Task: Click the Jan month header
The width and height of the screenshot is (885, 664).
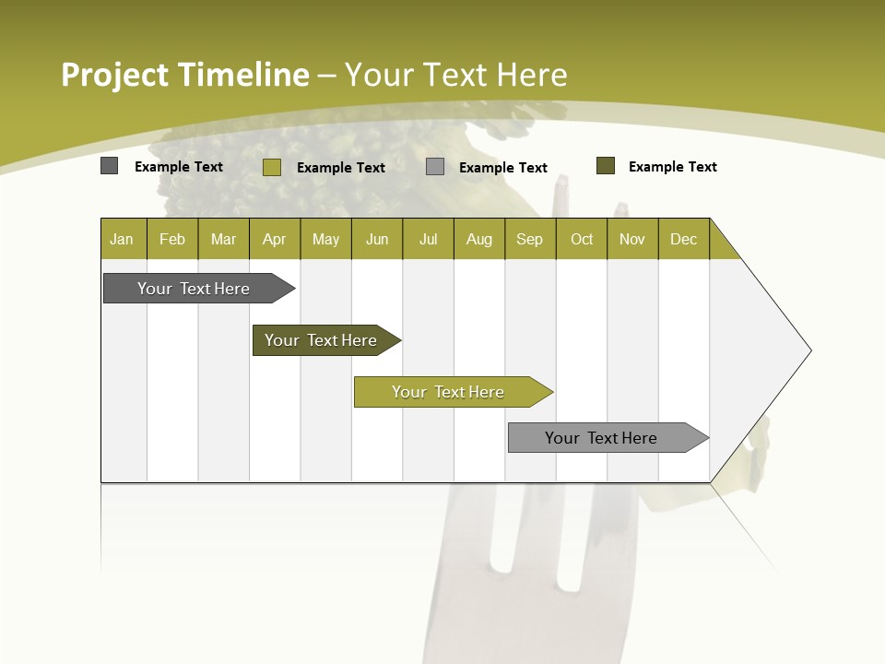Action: click(x=122, y=239)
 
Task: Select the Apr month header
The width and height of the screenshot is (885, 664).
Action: click(x=275, y=239)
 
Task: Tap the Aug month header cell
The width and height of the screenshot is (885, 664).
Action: click(x=479, y=239)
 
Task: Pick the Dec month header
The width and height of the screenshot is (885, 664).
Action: click(x=684, y=239)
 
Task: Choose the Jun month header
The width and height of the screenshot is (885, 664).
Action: click(x=377, y=239)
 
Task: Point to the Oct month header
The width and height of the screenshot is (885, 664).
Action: click(x=582, y=239)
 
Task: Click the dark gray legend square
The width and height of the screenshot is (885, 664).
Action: click(x=110, y=166)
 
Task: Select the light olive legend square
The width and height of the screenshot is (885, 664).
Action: click(x=272, y=167)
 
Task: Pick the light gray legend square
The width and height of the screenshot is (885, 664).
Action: click(x=435, y=167)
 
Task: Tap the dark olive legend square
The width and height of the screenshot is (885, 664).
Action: click(x=606, y=166)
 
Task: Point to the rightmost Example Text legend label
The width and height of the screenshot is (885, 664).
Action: click(x=673, y=167)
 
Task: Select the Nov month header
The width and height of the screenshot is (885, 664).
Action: click(x=632, y=239)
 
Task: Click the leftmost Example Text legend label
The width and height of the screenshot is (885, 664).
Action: click(x=179, y=167)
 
